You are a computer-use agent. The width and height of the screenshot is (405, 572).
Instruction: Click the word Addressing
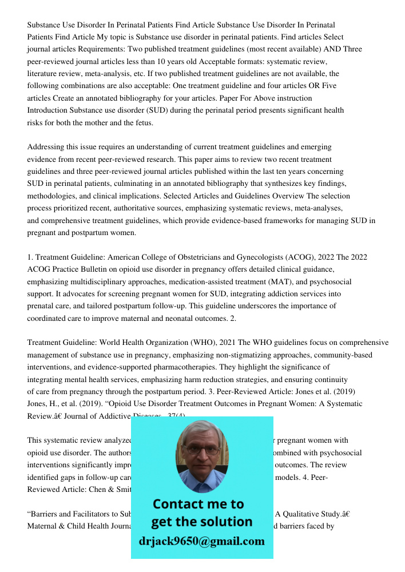tap(46, 147)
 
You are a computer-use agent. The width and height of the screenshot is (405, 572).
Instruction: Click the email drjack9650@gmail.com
tap(202, 541)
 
